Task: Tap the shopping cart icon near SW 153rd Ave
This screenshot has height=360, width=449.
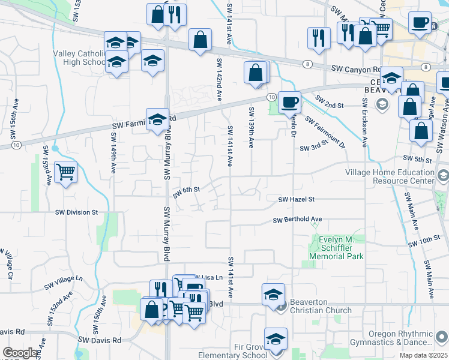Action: [x=65, y=172]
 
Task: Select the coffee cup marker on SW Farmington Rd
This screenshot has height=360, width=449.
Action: [x=289, y=102]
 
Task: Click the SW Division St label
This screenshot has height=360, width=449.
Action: [x=76, y=212]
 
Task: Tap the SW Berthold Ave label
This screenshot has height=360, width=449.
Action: [x=298, y=220]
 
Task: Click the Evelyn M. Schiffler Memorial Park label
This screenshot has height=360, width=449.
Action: [x=336, y=247]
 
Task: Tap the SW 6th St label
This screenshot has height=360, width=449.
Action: [x=186, y=190]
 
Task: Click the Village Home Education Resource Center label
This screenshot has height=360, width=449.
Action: [x=390, y=176]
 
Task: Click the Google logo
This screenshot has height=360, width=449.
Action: [x=20, y=353]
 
